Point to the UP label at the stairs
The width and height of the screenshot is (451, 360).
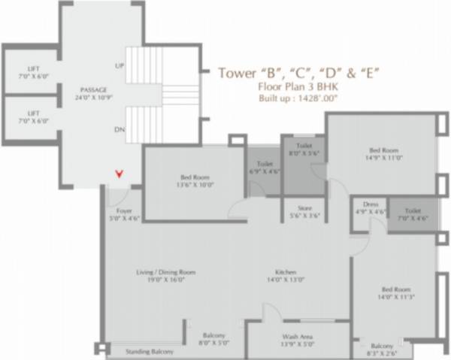[x=118, y=65]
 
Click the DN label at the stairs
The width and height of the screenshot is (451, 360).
[x=118, y=129]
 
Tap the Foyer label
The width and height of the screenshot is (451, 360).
[x=123, y=213]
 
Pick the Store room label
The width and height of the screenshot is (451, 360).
[x=300, y=212]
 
